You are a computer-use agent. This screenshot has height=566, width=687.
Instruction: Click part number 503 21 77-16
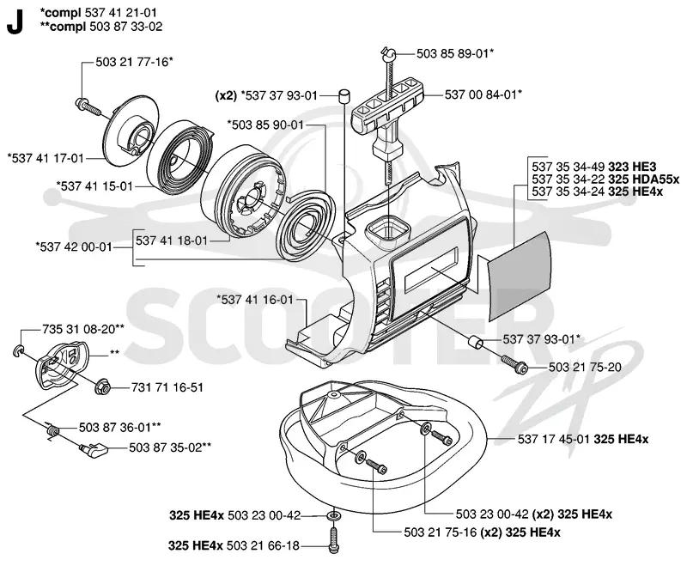132,62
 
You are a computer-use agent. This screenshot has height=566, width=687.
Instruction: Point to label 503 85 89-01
453,53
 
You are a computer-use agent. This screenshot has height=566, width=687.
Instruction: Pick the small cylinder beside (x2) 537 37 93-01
344,95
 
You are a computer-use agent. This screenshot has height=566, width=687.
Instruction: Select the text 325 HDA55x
643,179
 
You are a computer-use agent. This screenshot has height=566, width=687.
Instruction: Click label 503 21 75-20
585,367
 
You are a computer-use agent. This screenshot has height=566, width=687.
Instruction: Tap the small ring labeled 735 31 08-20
18,350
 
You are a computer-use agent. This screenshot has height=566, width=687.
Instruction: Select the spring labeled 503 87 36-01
52,430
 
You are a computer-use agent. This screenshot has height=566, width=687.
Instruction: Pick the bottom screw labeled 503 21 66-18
333,539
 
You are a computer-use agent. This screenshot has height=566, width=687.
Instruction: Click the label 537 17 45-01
554,439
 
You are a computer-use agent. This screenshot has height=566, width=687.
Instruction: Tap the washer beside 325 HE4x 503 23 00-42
333,515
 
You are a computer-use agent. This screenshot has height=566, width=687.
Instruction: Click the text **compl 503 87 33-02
101,27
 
